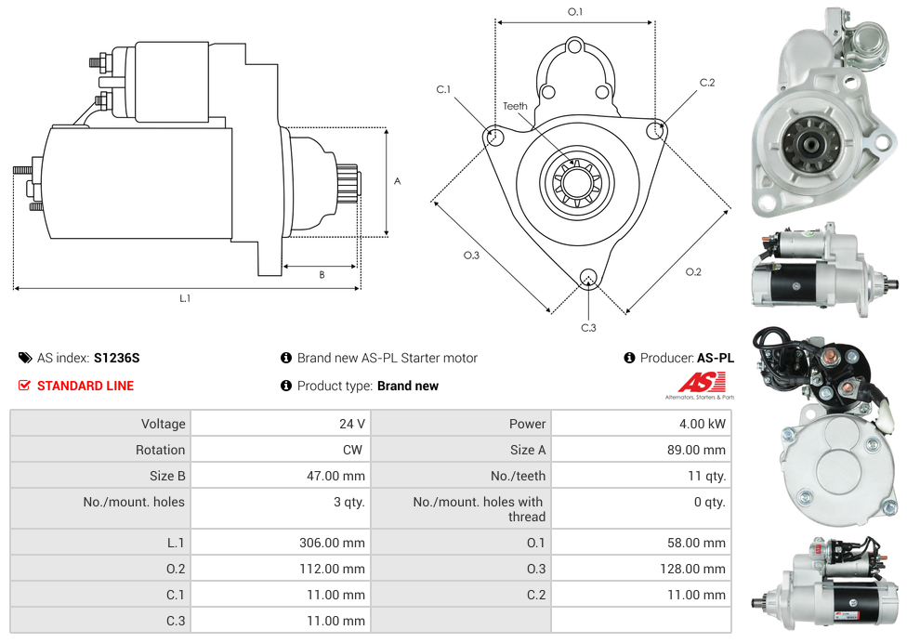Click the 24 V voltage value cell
(351, 424)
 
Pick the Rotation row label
(160, 450)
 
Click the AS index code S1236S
(116, 358)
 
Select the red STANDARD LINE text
(85, 386)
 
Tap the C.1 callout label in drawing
(443, 90)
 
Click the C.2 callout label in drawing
(707, 83)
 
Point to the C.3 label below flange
(588, 327)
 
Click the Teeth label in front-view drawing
(515, 106)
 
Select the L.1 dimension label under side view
(185, 298)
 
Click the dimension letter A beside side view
(398, 181)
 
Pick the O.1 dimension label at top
(575, 12)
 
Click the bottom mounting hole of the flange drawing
(587, 276)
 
